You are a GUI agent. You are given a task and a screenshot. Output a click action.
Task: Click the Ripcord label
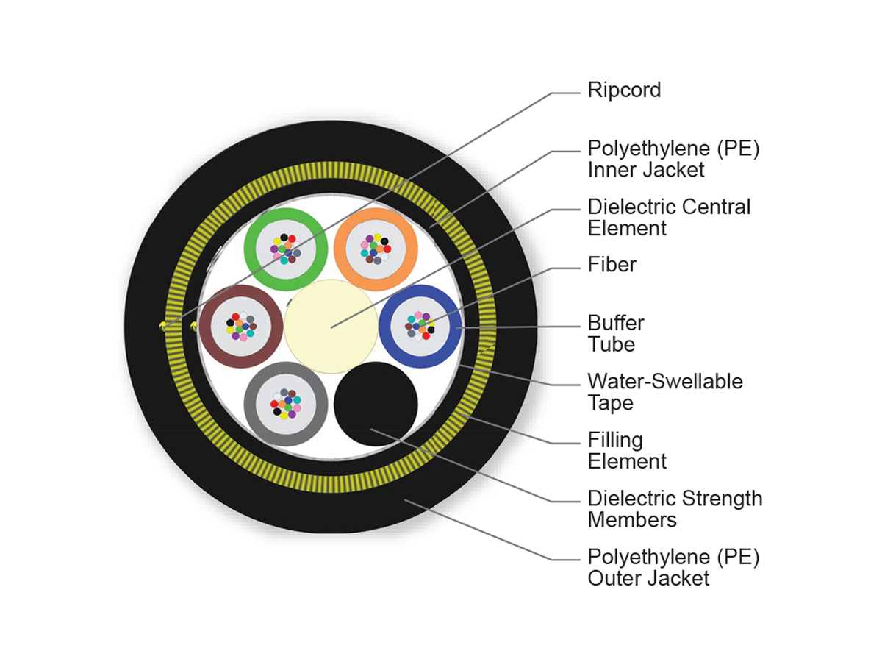(624, 90)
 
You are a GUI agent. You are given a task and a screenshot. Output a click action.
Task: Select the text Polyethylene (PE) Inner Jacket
(673, 159)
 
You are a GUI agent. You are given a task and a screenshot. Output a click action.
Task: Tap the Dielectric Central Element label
(669, 217)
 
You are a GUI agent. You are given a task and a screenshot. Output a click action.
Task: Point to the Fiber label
(612, 265)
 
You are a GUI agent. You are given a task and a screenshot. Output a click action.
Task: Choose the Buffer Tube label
(616, 333)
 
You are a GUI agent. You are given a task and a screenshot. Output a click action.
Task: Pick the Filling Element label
(626, 451)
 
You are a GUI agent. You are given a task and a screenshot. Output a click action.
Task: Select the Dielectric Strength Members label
(675, 508)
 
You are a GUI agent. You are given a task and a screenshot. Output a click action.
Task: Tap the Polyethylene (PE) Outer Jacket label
(673, 567)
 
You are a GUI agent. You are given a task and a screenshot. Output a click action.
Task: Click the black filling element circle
(376, 404)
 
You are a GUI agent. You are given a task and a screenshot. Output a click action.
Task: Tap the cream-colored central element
(331, 327)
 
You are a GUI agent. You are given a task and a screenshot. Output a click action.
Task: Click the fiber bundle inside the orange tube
(376, 249)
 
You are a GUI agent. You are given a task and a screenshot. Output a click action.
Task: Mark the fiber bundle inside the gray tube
(285, 404)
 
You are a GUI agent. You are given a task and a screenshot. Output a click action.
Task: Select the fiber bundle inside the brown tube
(240, 327)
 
